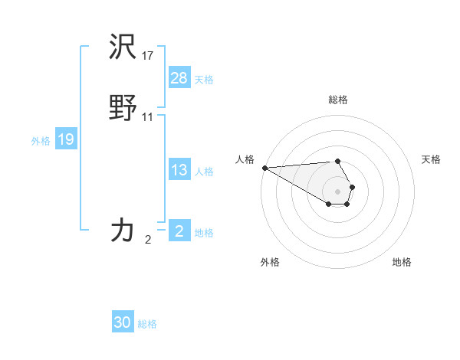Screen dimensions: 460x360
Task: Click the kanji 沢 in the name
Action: point(123,49)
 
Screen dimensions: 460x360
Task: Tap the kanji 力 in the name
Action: point(123,230)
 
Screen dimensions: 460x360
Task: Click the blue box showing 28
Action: point(179,78)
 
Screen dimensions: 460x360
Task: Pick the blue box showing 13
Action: point(179,171)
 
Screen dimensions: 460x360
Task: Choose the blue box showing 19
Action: point(66,140)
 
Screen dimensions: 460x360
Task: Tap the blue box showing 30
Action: point(123,322)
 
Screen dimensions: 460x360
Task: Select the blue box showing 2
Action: point(179,231)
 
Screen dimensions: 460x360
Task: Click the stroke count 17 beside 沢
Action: point(148,55)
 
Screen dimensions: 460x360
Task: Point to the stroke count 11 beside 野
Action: point(148,116)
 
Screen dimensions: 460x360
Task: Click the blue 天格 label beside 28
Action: point(204,80)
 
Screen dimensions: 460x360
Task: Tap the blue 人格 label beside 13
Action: point(204,172)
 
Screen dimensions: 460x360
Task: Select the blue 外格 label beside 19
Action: point(41,141)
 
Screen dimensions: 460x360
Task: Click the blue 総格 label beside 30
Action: point(147,324)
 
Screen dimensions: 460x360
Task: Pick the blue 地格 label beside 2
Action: point(204,233)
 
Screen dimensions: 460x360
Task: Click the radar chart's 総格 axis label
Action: point(338,100)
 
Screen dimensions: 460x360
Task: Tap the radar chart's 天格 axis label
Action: point(432,159)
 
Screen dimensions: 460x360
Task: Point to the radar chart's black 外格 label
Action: point(270,262)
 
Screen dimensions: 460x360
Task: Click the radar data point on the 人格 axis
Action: point(264,168)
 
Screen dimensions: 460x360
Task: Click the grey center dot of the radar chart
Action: point(338,191)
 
